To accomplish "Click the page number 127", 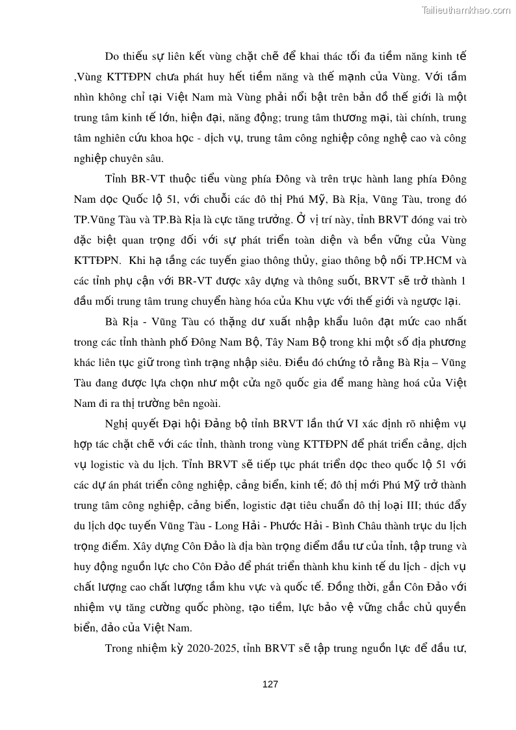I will click(x=270, y=684).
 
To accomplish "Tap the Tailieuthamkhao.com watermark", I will click(x=466, y=10).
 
